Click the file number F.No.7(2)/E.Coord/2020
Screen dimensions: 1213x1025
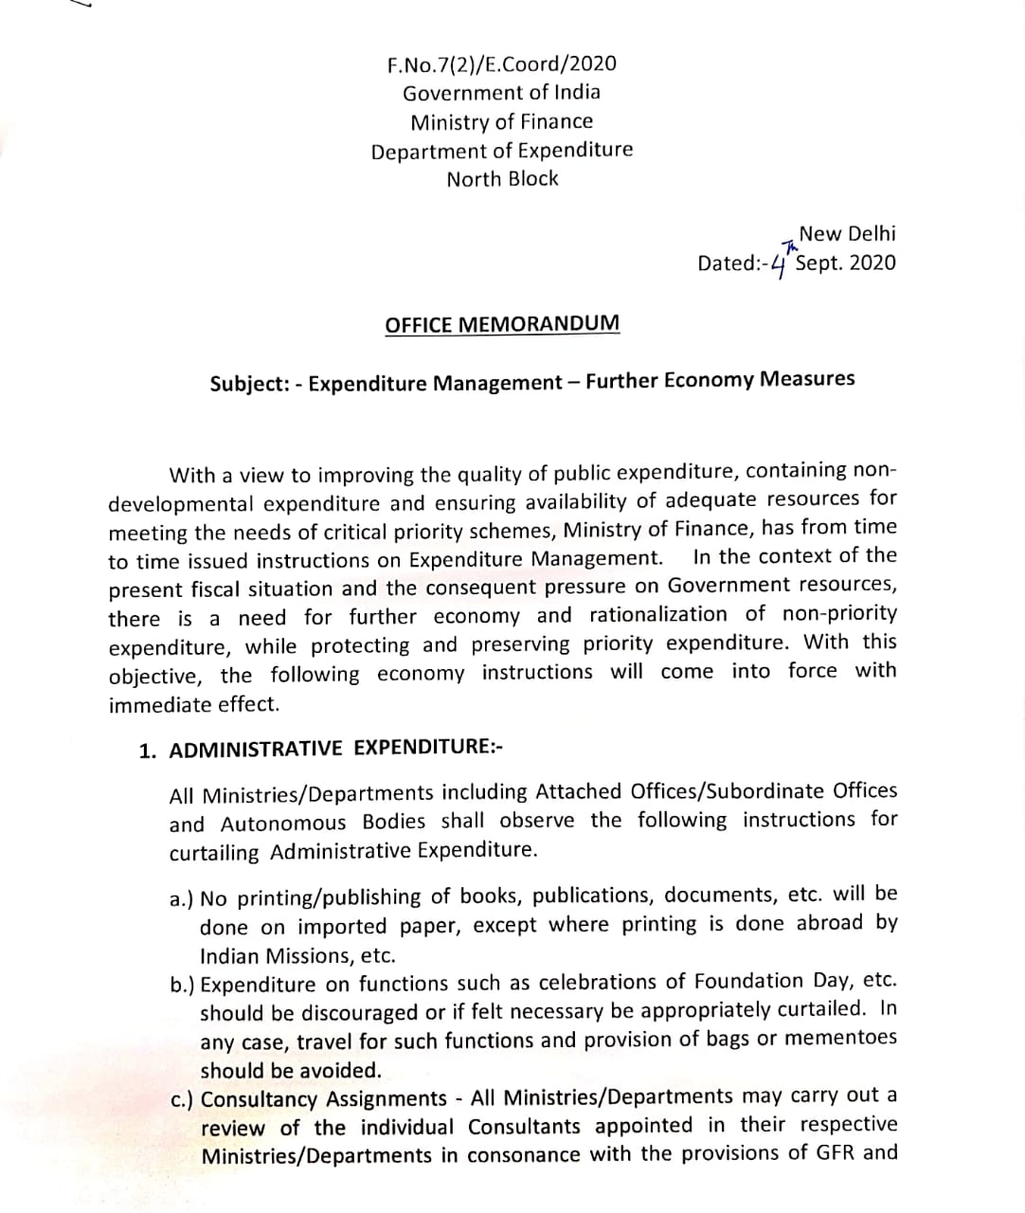[501, 64]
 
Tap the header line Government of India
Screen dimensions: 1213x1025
[501, 93]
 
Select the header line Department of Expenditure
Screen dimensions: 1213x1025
[501, 151]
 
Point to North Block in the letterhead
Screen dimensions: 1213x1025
[502, 179]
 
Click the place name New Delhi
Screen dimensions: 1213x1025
[847, 234]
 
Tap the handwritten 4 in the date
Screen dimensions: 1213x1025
[779, 265]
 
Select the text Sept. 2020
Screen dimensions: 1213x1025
[845, 263]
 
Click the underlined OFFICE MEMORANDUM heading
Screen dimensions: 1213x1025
[502, 324]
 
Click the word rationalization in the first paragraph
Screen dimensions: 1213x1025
[658, 615]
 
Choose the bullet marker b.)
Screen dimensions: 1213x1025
[183, 986]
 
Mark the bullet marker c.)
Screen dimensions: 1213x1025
[183, 1101]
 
